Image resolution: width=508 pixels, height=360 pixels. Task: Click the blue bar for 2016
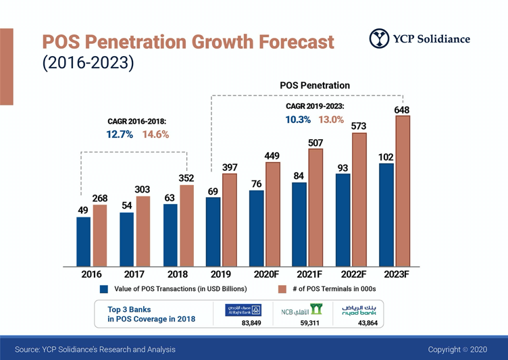tap(83, 241)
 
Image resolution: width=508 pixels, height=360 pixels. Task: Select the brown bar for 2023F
tap(403, 190)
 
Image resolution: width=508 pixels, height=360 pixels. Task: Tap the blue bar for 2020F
tap(257, 228)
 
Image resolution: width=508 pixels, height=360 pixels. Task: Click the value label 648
tap(402, 109)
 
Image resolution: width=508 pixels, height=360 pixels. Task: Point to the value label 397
tap(230, 167)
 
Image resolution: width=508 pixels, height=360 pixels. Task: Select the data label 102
tap(386, 157)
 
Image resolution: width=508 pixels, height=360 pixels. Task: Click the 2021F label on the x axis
tap(308, 275)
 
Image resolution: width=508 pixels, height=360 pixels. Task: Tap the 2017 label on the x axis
tap(134, 275)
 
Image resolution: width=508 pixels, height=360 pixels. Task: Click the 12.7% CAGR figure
tap(121, 134)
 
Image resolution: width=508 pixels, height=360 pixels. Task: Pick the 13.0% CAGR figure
tap(331, 120)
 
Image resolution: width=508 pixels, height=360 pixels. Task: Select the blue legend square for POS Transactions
tap(104, 289)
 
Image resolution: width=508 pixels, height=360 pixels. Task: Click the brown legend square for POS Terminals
tap(283, 289)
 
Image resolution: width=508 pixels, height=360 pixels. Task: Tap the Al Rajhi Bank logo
tap(243, 310)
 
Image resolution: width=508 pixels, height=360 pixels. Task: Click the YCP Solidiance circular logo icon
tap(379, 38)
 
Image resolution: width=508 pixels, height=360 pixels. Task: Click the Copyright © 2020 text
tap(457, 349)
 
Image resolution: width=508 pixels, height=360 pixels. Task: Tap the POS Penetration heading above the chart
tap(315, 85)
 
